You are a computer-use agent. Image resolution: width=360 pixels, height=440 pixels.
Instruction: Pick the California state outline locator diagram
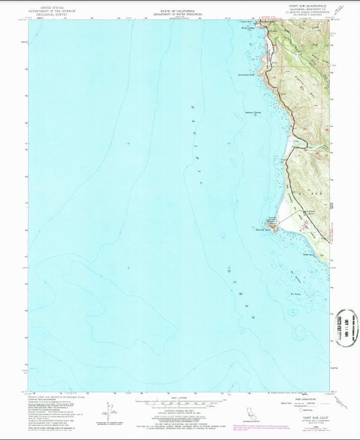coord(250,412)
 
